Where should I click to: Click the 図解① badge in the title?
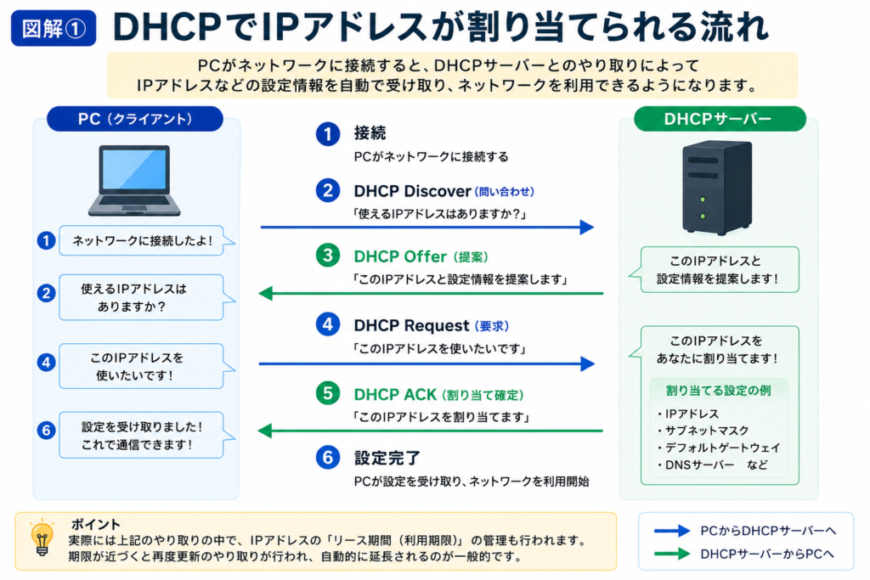click(x=54, y=28)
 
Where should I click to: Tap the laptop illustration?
click(x=134, y=180)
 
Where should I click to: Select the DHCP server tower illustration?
click(x=717, y=188)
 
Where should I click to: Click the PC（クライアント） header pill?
click(x=135, y=119)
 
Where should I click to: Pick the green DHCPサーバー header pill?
click(x=720, y=119)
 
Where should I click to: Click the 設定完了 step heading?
click(x=387, y=458)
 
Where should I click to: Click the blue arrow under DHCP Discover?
click(x=427, y=227)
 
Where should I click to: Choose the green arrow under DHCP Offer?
click(x=431, y=293)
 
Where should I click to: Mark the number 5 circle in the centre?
click(x=328, y=393)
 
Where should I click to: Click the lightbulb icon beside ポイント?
click(x=42, y=538)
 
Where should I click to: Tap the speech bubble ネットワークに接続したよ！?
click(x=146, y=240)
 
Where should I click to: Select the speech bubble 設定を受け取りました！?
click(x=146, y=436)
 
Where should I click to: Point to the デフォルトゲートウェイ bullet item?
click(x=719, y=448)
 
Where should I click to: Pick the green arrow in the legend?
click(x=672, y=554)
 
